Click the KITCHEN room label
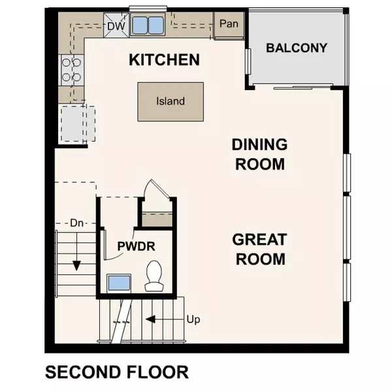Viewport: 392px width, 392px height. click(x=164, y=59)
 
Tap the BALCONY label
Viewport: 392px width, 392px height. click(x=297, y=48)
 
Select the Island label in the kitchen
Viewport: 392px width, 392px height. click(x=171, y=101)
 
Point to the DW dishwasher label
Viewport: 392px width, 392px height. click(x=116, y=26)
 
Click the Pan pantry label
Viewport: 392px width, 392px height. click(x=229, y=24)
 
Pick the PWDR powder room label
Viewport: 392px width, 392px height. click(x=137, y=246)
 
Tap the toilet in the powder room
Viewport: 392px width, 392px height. click(x=154, y=276)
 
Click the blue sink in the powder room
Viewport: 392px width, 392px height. click(x=119, y=284)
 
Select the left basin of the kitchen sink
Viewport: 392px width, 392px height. click(x=140, y=25)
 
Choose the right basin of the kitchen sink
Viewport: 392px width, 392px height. click(x=155, y=25)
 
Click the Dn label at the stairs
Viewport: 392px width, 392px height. click(x=76, y=223)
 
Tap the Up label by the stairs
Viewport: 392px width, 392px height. click(x=193, y=319)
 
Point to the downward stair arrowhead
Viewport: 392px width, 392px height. click(x=76, y=265)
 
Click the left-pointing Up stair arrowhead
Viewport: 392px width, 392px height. click(x=150, y=319)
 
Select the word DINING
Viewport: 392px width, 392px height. click(x=260, y=144)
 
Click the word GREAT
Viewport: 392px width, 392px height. click(x=259, y=240)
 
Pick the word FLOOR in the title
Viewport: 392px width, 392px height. click(x=157, y=372)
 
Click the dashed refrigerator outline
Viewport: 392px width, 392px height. click(x=78, y=123)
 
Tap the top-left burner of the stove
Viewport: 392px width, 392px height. click(x=66, y=62)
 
